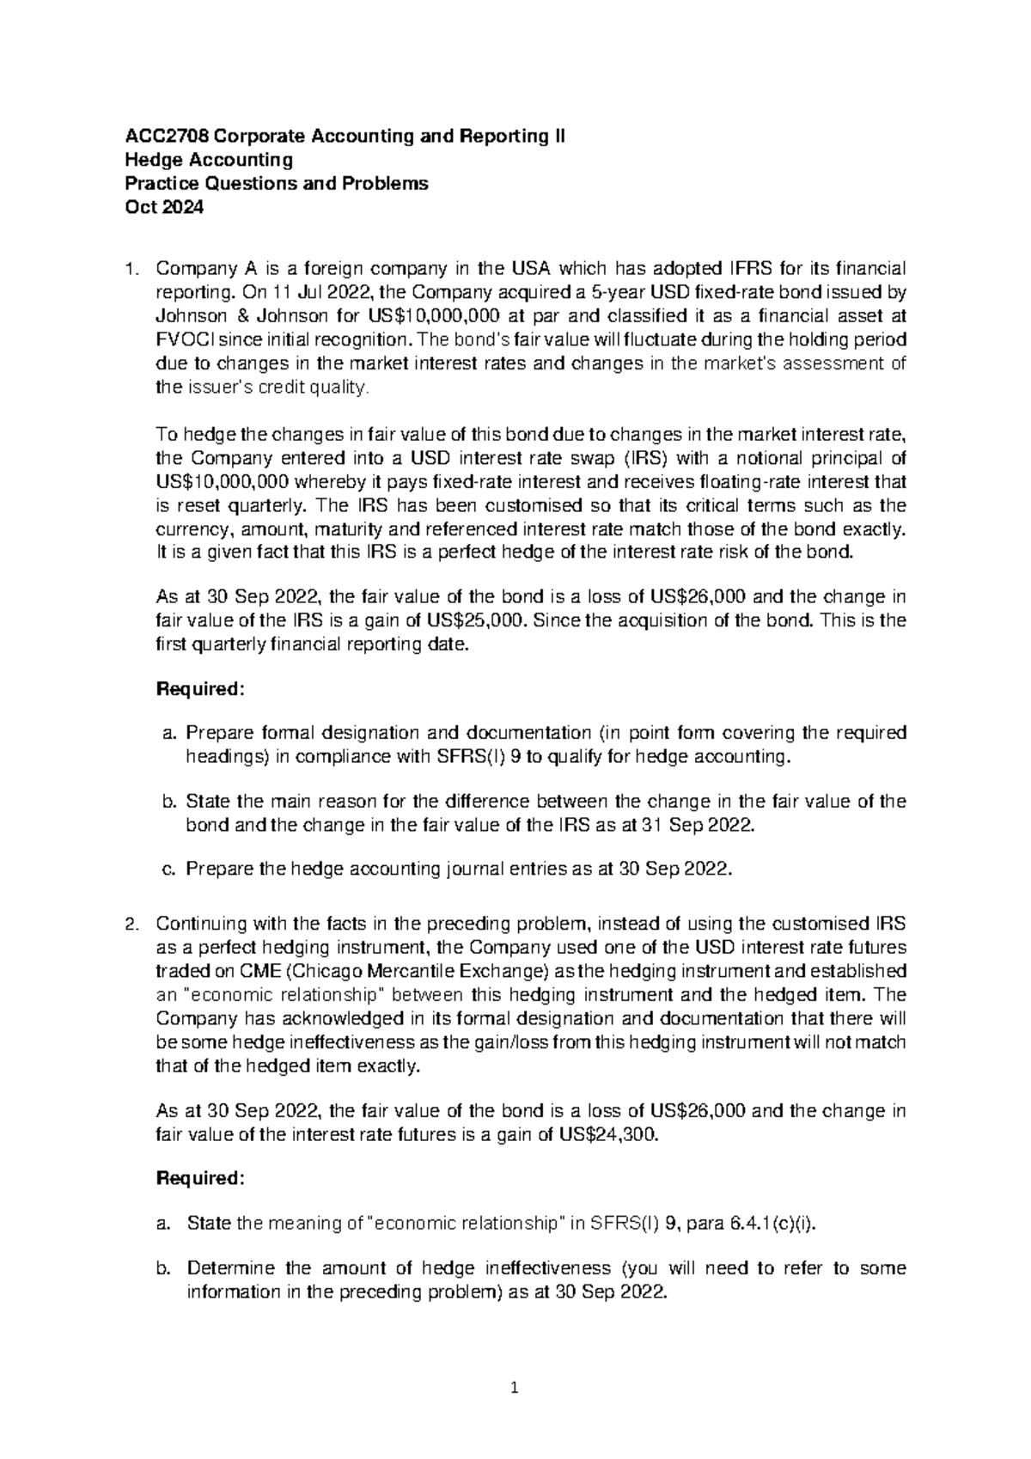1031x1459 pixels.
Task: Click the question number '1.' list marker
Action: click(131, 270)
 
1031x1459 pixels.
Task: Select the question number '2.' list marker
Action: click(131, 925)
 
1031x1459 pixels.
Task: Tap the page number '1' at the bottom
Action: click(515, 1387)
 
